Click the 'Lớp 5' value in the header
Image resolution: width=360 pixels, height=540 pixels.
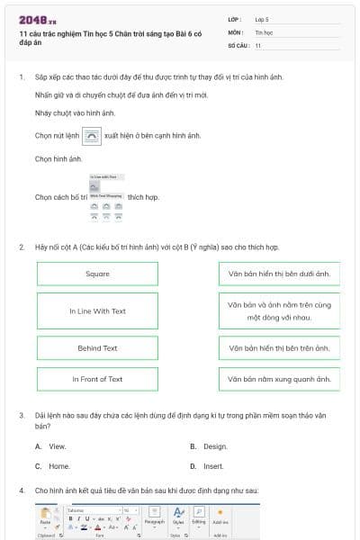(x=262, y=18)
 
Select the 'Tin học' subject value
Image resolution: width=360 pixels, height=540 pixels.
(x=263, y=31)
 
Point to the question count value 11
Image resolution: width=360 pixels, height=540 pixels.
(x=258, y=45)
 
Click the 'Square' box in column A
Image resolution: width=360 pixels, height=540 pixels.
(x=97, y=274)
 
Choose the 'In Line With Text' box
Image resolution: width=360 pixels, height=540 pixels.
(x=97, y=310)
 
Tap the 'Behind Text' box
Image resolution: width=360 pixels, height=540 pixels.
(x=97, y=347)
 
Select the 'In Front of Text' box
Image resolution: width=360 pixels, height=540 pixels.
(x=97, y=379)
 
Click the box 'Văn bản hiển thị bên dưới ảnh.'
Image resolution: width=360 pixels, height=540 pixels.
(x=279, y=274)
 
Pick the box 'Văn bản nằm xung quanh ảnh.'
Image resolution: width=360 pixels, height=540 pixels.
(x=279, y=379)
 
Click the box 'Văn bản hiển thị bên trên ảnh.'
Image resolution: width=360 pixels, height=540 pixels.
(x=279, y=347)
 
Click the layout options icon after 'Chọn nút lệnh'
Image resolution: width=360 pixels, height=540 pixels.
(x=92, y=136)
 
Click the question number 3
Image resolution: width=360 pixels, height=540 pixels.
(x=22, y=415)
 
